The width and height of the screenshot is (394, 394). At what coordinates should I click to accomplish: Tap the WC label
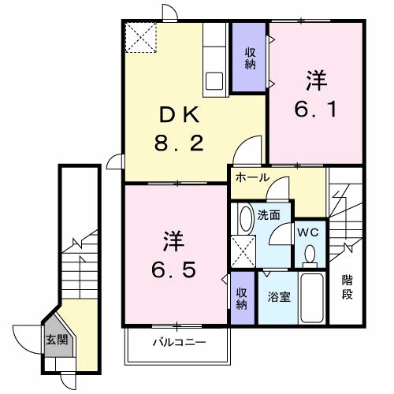[308, 232]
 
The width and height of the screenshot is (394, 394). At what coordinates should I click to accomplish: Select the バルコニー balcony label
[179, 343]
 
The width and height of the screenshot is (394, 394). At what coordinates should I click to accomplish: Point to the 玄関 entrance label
[55, 340]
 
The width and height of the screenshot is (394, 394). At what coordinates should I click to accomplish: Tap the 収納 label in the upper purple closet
[250, 58]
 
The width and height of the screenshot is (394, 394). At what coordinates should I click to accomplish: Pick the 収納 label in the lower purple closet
[243, 299]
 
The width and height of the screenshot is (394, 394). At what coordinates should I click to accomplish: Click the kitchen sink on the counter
[215, 80]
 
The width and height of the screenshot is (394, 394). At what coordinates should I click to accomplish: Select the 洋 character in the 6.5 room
[175, 239]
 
